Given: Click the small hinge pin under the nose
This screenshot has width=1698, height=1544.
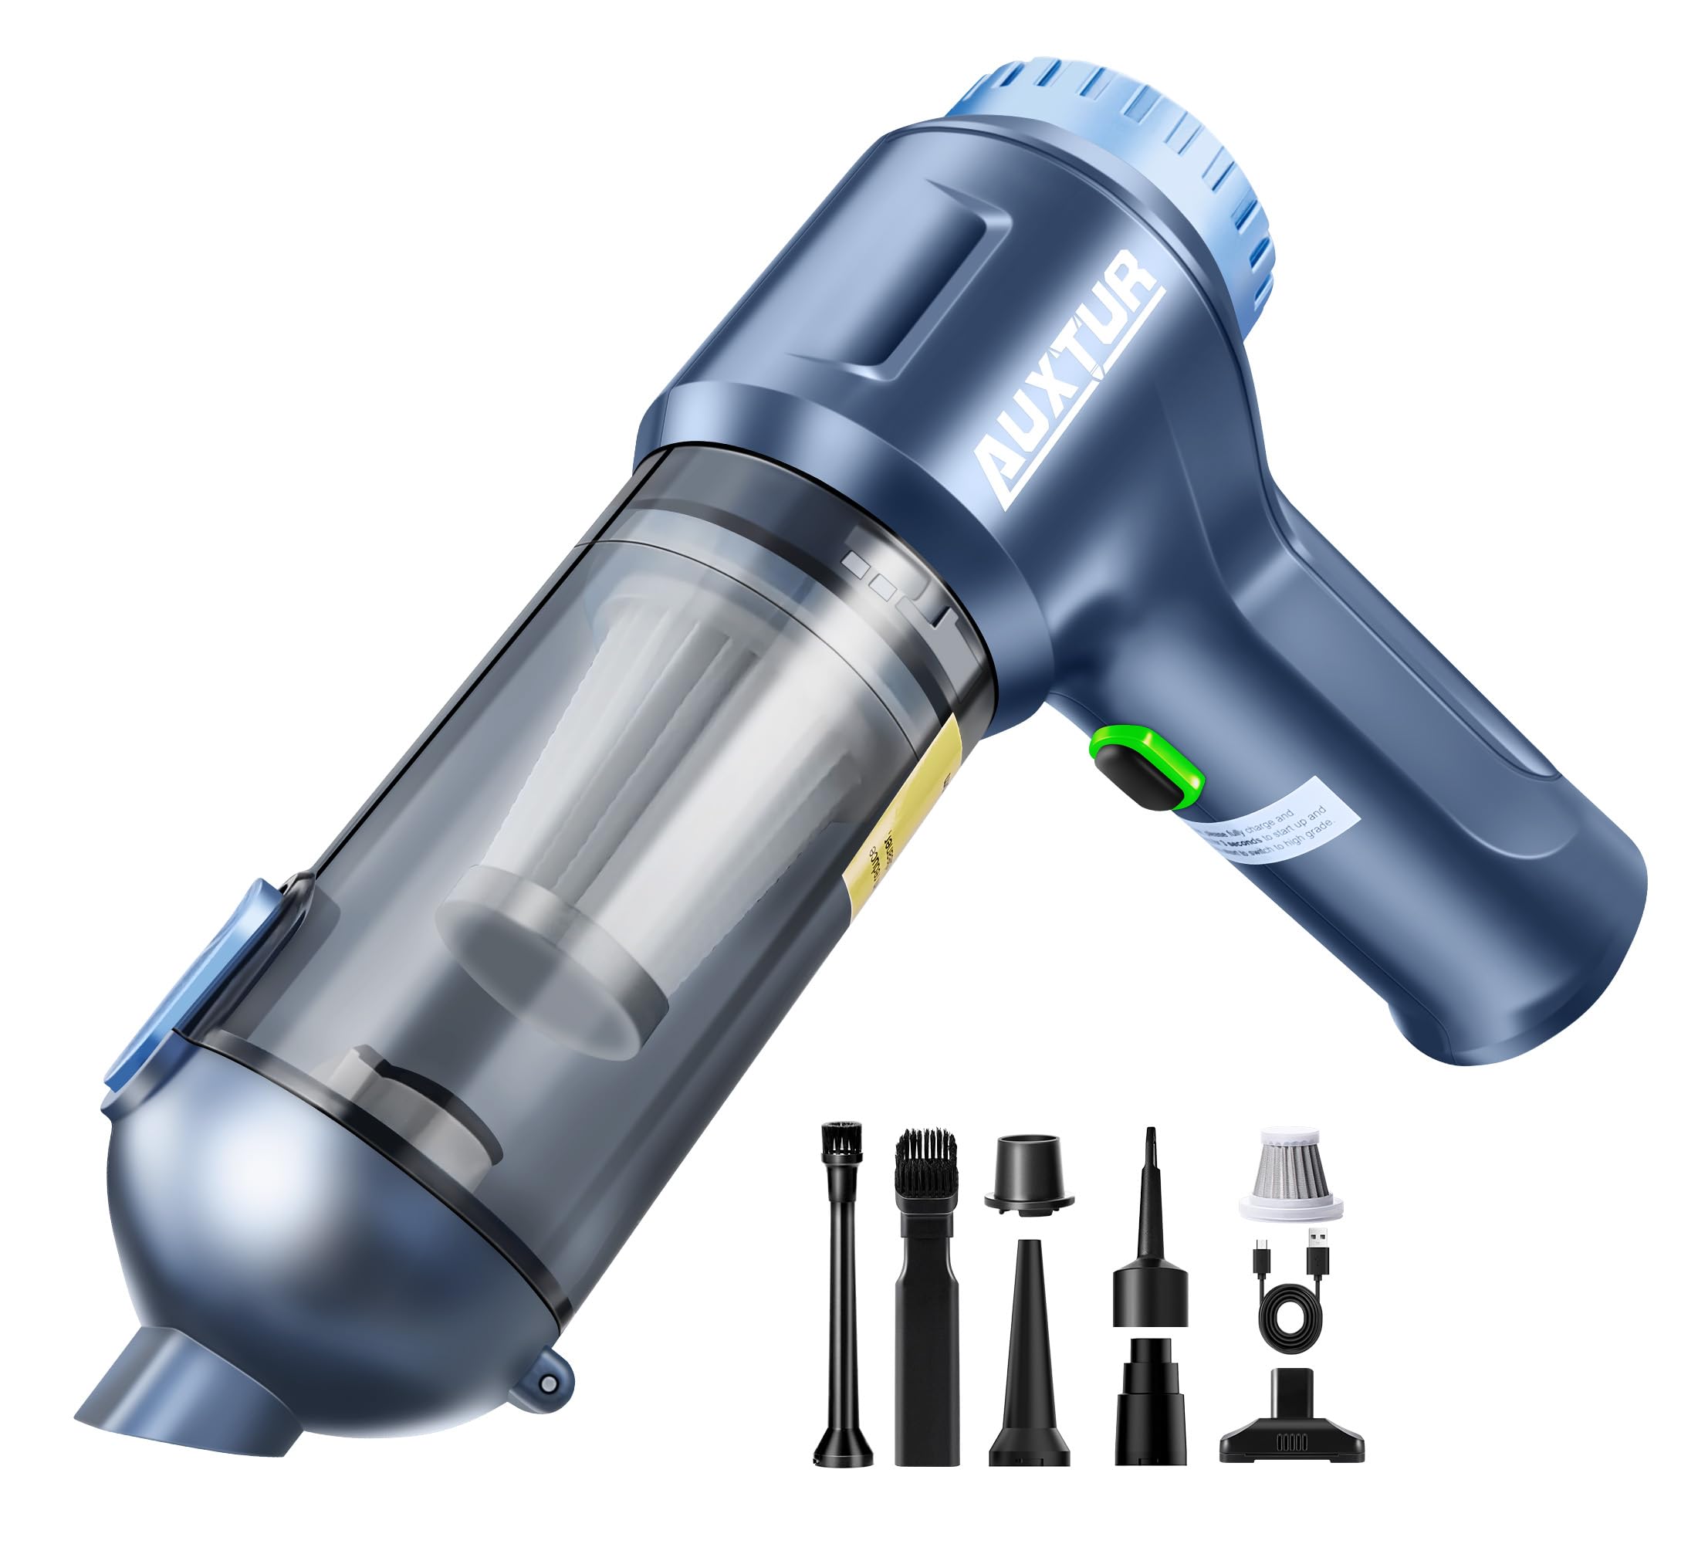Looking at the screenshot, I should click(x=548, y=1383).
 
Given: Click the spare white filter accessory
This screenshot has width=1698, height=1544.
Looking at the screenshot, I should click(x=1290, y=1173).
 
